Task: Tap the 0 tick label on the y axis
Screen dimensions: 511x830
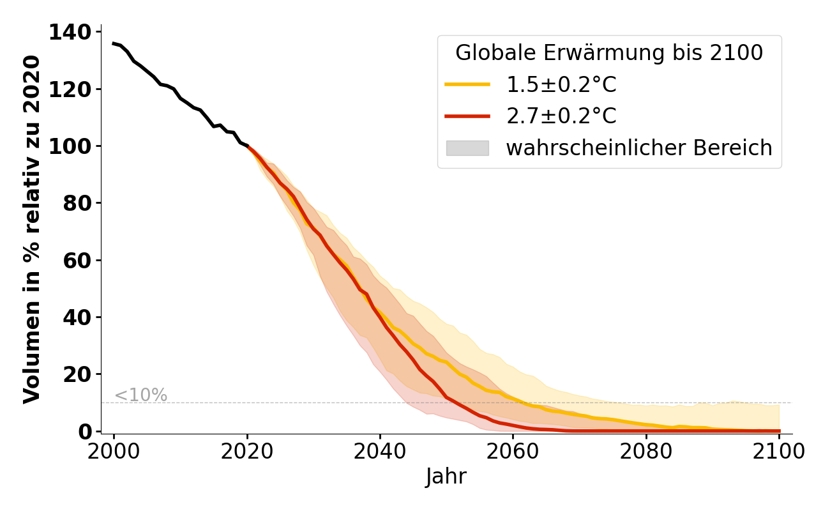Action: tap(86, 432)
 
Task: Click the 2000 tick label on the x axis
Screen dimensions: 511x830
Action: tap(114, 451)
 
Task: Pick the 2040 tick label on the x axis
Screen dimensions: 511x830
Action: tap(380, 451)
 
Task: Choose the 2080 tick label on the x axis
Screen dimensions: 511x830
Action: tap(646, 451)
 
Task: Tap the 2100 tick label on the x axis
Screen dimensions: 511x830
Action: tap(779, 451)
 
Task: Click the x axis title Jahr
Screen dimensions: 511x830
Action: tap(446, 477)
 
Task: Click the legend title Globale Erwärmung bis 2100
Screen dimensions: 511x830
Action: tap(609, 53)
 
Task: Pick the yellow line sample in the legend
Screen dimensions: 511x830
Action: tap(467, 84)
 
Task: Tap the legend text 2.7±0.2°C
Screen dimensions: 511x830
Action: tap(561, 116)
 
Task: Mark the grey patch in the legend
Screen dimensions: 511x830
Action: tap(467, 148)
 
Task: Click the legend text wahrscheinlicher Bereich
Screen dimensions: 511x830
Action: tap(639, 148)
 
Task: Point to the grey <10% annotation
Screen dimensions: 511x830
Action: tap(140, 395)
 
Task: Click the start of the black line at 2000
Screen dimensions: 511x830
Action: tap(114, 43)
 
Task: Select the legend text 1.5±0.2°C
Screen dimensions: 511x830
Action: tap(561, 84)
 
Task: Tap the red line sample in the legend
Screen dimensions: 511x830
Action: tap(467, 116)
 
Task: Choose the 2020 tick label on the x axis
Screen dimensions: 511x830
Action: tap(247, 451)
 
